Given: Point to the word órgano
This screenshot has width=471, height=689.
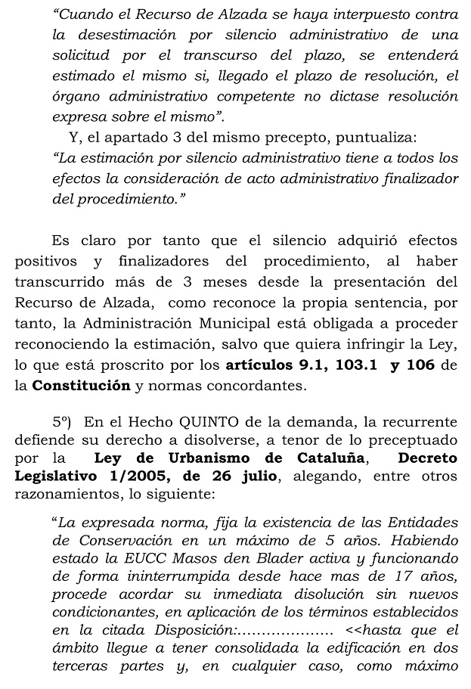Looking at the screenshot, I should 73,97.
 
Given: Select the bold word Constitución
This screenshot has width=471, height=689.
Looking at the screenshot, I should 81,385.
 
